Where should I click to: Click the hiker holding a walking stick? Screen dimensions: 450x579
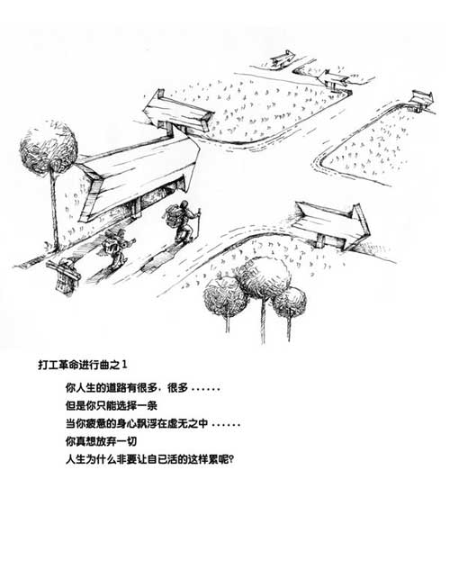pyautogui.click(x=183, y=222)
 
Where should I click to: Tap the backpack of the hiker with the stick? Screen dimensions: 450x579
pyautogui.click(x=173, y=215)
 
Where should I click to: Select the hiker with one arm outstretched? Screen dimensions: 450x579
pyautogui.click(x=116, y=248)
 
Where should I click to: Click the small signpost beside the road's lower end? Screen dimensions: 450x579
pyautogui.click(x=64, y=276)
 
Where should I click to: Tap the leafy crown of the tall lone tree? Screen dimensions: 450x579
pyautogui.click(x=49, y=146)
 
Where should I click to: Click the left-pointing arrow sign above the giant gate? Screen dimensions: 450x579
pyautogui.click(x=176, y=112)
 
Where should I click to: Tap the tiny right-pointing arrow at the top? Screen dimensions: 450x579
pyautogui.click(x=283, y=59)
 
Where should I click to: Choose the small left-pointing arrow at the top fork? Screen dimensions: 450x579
pyautogui.click(x=333, y=79)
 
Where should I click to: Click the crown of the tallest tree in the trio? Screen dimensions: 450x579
pyautogui.click(x=263, y=277)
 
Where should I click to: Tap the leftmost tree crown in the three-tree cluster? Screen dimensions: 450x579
pyautogui.click(x=225, y=297)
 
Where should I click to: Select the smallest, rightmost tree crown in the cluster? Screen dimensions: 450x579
pyautogui.click(x=290, y=303)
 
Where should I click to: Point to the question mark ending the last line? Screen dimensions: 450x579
pyautogui.click(x=231, y=460)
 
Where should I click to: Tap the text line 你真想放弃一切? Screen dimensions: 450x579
pyautogui.click(x=101, y=441)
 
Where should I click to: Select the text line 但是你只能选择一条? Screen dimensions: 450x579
pyautogui.click(x=112, y=406)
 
